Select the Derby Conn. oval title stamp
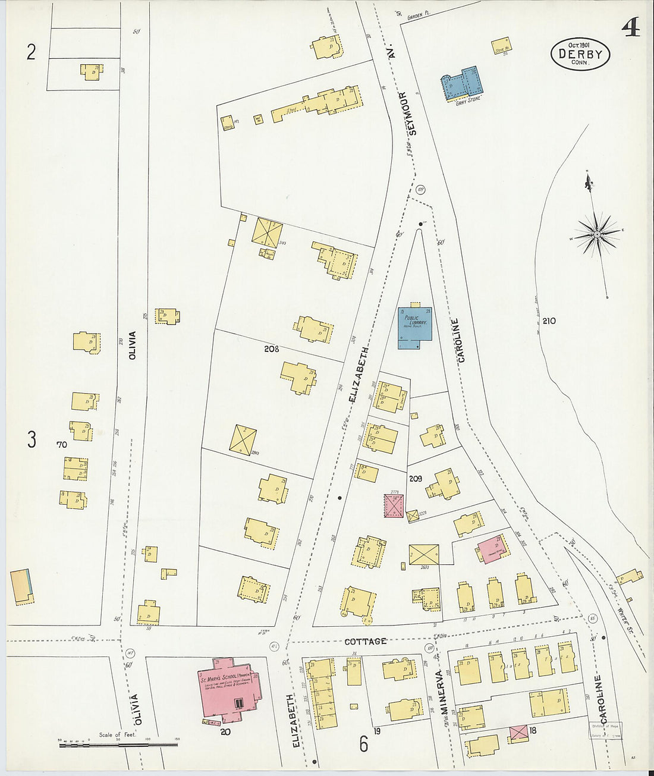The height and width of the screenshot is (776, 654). [x=580, y=54]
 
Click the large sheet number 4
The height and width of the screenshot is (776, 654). [x=631, y=27]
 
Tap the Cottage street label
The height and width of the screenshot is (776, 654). [x=366, y=641]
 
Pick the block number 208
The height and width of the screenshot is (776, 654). [x=271, y=349]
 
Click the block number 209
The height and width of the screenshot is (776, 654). [x=415, y=478]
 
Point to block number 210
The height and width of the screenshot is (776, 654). [x=548, y=321]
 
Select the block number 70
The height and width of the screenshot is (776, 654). [x=61, y=444]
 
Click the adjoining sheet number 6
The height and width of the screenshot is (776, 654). [x=363, y=743]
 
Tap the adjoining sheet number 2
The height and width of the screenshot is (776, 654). [x=31, y=53]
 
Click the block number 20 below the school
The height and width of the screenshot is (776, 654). [x=225, y=732]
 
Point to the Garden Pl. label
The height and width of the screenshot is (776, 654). [x=414, y=18]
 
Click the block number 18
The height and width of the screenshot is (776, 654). [x=533, y=730]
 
